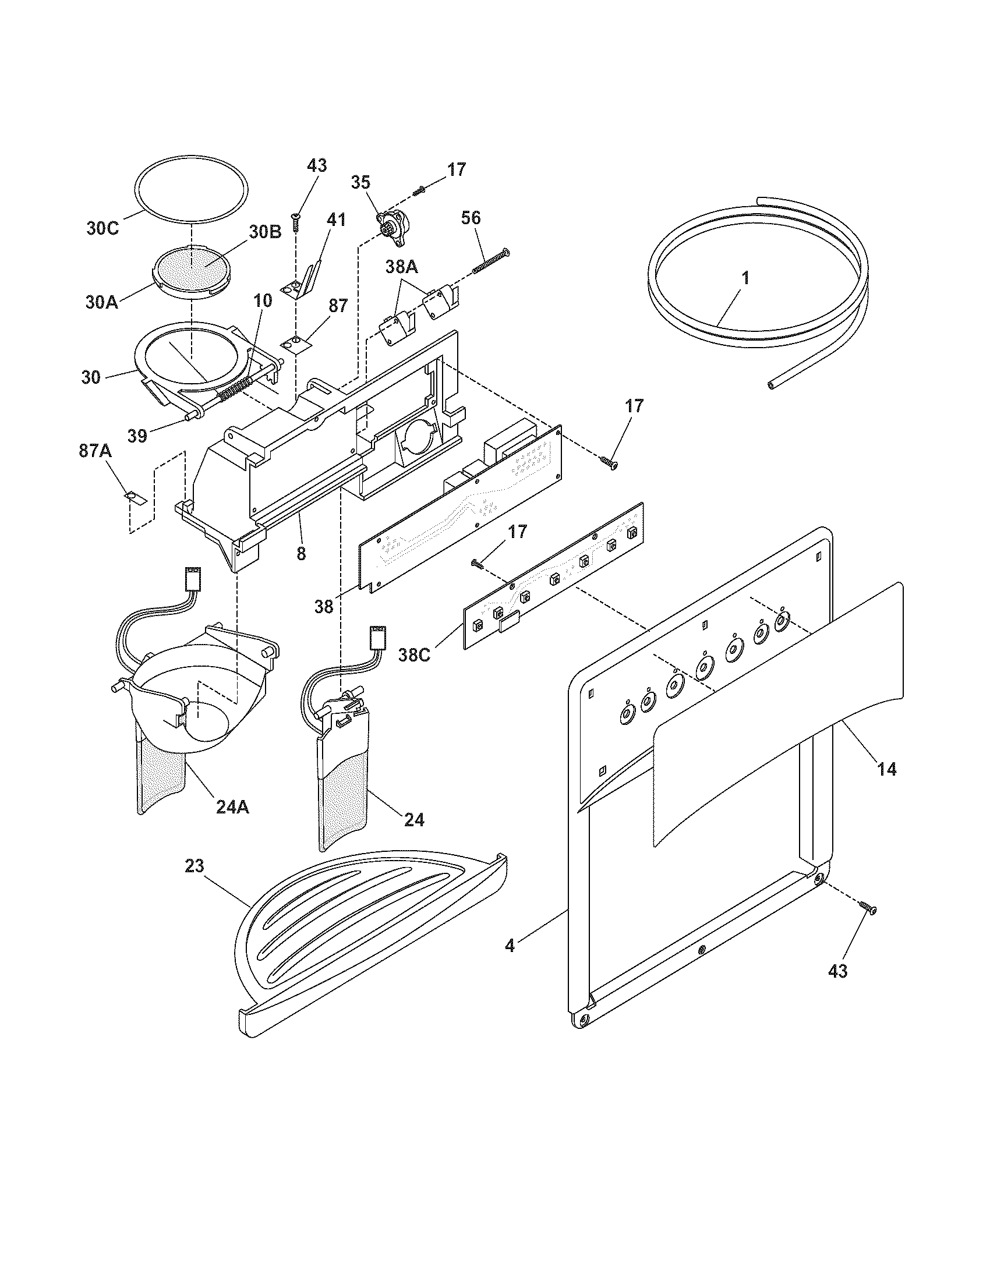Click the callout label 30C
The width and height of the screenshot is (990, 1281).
[x=102, y=228]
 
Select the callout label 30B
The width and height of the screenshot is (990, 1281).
[x=265, y=231]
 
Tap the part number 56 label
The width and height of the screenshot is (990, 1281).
[x=471, y=218]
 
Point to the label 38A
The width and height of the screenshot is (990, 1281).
[x=401, y=267]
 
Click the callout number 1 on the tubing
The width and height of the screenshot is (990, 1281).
[x=745, y=278]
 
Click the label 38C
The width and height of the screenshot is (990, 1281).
[x=414, y=654]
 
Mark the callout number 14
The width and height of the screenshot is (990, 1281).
[x=886, y=769]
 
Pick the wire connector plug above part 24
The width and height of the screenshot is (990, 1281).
[x=376, y=636]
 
